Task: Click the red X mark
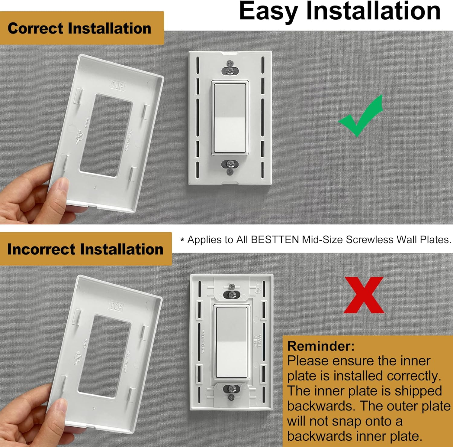tap(364, 295)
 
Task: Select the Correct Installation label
tap(79, 28)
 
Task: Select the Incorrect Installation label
tap(85, 249)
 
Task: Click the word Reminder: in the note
tap(321, 346)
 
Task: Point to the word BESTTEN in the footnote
tap(275, 240)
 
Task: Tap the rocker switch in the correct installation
tap(230, 118)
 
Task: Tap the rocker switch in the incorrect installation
tap(232, 342)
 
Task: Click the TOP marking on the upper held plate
tap(118, 86)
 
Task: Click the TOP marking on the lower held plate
tap(116, 306)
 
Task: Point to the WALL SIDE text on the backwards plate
tap(257, 341)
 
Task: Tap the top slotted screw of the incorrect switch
tap(232, 294)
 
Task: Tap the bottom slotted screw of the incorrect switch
tap(232, 389)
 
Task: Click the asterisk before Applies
tap(182, 240)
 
